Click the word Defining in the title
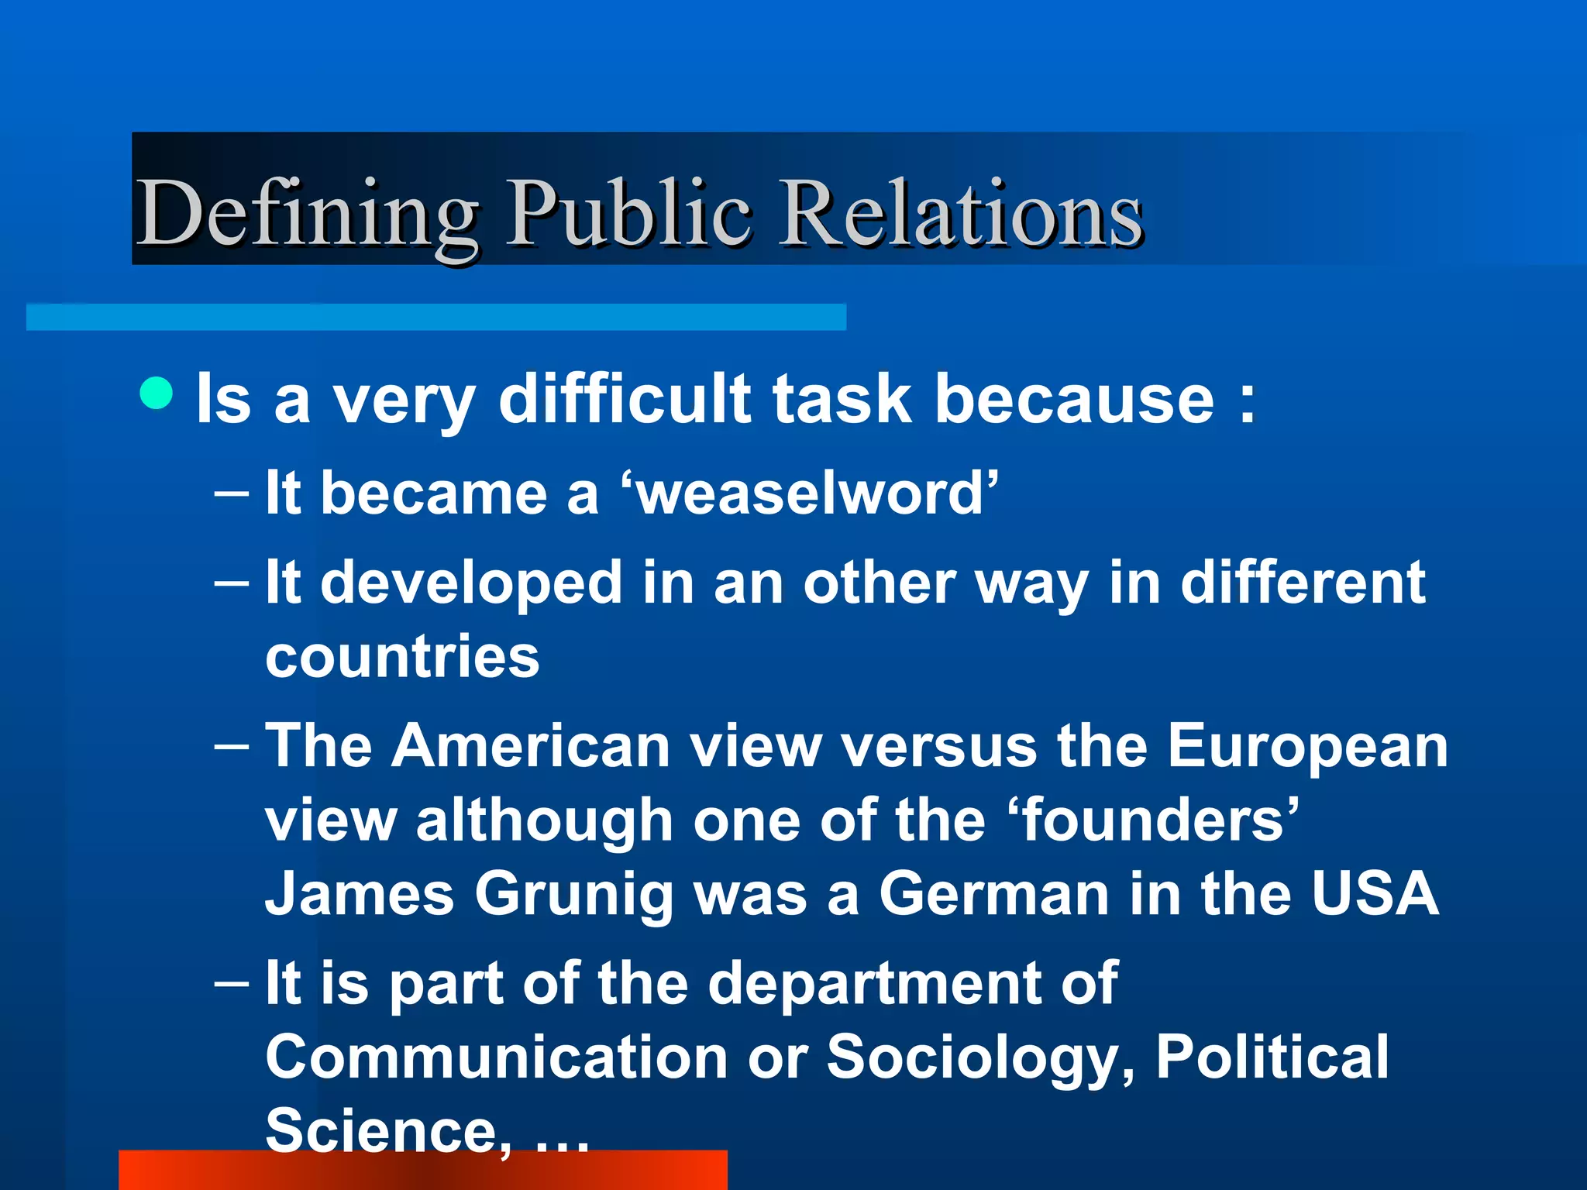[x=307, y=213]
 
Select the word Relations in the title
[x=961, y=213]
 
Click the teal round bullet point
[x=157, y=393]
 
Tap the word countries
[x=402, y=656]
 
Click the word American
[x=530, y=745]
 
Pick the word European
[x=1307, y=745]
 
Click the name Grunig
[x=573, y=894]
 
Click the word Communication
[x=496, y=1057]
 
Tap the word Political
[x=1272, y=1057]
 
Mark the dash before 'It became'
[x=232, y=494]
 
